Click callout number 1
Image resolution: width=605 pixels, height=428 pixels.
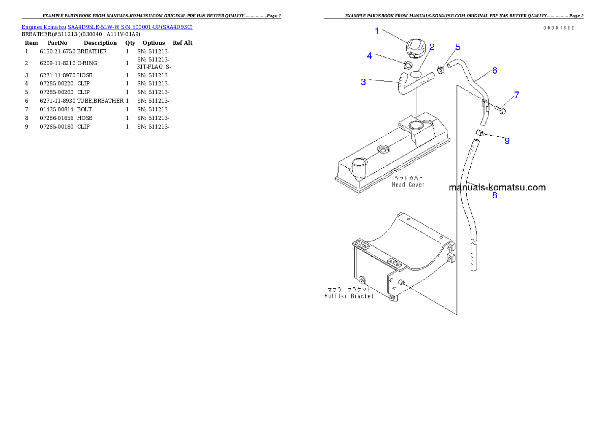point(377,31)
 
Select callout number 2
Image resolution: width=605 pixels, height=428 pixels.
point(432,47)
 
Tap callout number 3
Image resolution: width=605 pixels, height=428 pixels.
point(363,81)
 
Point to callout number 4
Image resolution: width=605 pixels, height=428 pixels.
point(370,56)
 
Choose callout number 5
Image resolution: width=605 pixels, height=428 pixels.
point(458,47)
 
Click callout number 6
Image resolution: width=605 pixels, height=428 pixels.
point(494,71)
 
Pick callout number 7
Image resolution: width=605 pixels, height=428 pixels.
point(517,95)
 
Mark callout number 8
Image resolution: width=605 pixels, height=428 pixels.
point(495,194)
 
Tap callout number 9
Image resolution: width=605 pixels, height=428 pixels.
point(507,141)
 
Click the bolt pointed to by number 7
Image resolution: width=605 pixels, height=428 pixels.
point(502,110)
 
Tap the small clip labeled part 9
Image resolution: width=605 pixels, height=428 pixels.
point(479,133)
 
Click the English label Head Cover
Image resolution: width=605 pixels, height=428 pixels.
point(408,185)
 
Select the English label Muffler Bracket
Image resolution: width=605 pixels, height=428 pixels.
point(349,296)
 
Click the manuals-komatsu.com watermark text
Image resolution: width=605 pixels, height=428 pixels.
point(497,187)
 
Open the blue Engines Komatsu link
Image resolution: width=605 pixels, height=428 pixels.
point(107,26)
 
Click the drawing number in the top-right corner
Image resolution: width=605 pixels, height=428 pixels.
point(558,27)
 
